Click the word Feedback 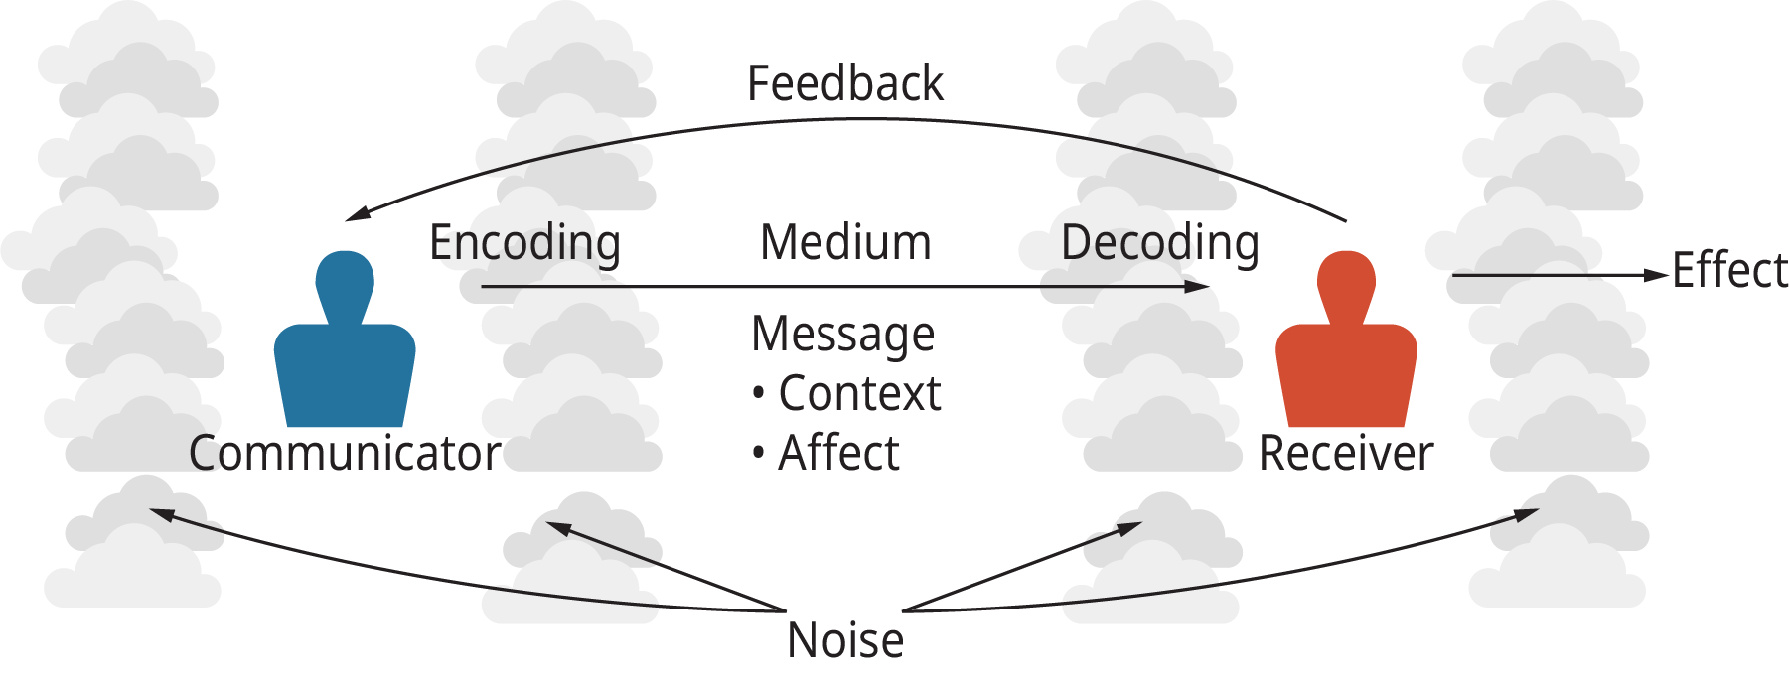click(844, 83)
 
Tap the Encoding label click(524, 243)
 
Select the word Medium click(845, 242)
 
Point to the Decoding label click(1159, 243)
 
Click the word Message click(842, 335)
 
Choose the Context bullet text click(859, 393)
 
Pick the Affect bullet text click(838, 453)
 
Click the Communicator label click(344, 453)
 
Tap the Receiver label click(1345, 453)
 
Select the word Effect click(1729, 270)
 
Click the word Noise click(844, 640)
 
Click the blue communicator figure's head click(345, 277)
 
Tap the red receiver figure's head click(1346, 277)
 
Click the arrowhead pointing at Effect click(1657, 275)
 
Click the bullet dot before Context click(759, 394)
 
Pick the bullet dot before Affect click(759, 454)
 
